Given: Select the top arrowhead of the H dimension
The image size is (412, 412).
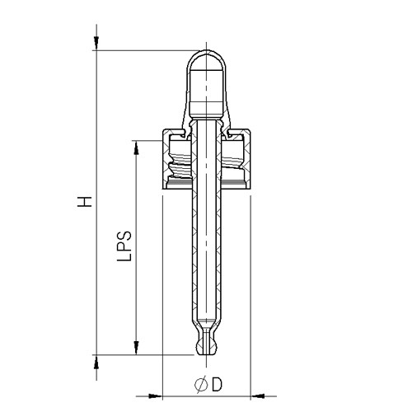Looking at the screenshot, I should click(97, 41).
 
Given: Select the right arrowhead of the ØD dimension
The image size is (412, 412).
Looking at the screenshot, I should click(258, 394).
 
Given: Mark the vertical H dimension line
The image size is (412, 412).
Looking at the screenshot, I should click(97, 247).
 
